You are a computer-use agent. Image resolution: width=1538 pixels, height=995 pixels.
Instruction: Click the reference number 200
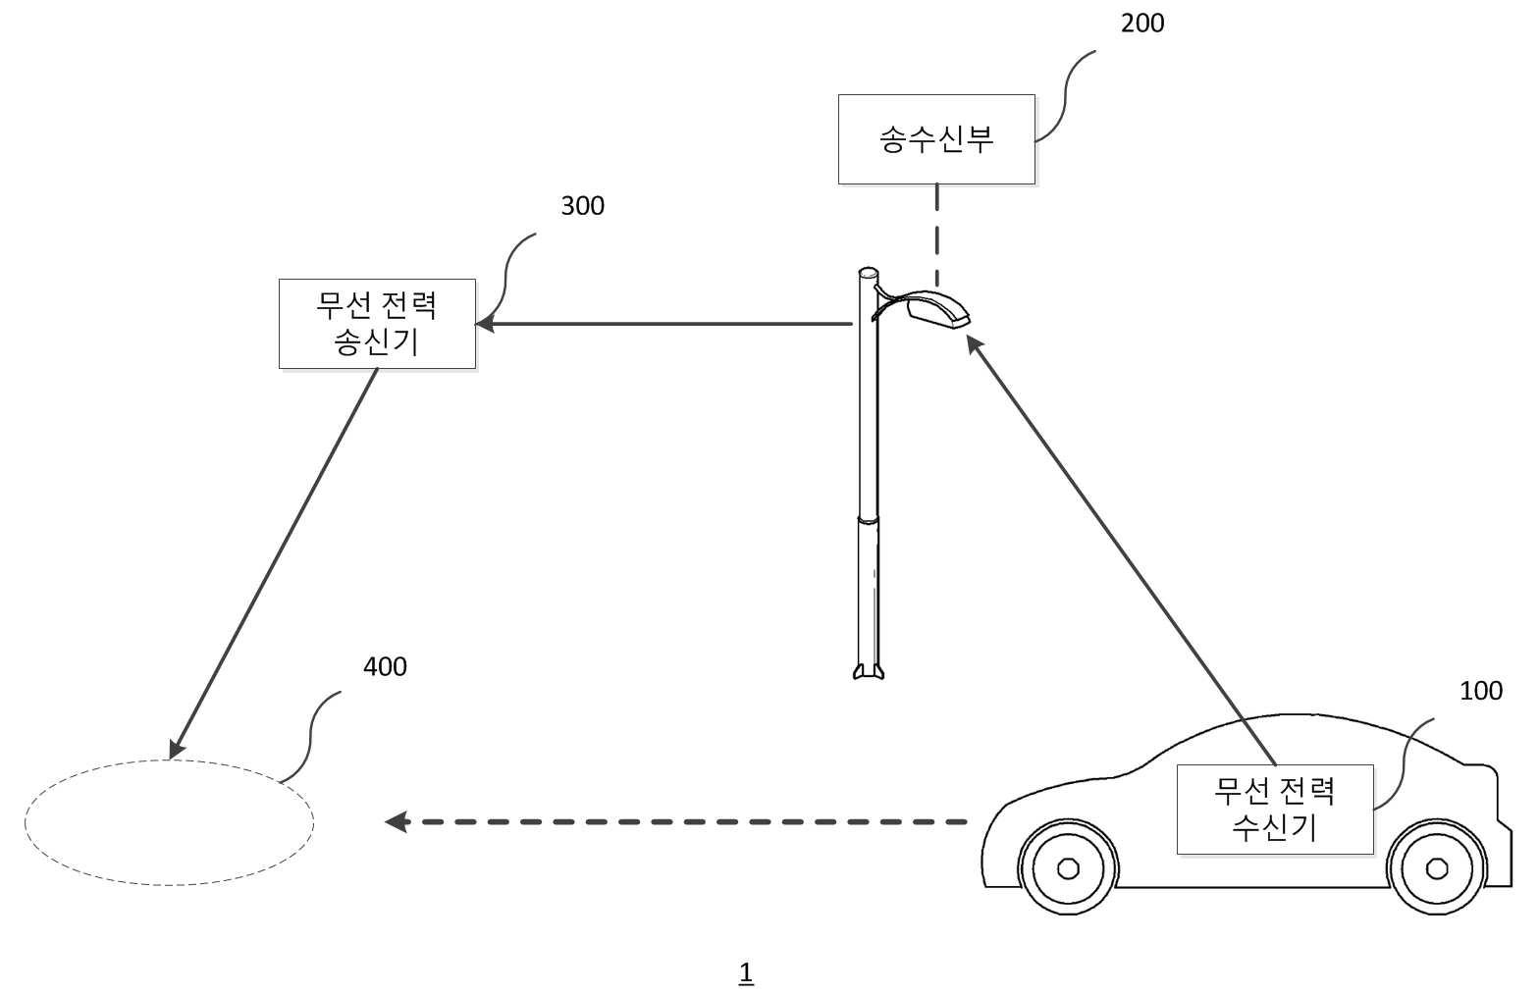tap(1142, 24)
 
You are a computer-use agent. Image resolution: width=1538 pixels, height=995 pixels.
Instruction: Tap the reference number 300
tap(582, 206)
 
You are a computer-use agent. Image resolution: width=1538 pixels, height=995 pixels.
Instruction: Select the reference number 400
tap(385, 666)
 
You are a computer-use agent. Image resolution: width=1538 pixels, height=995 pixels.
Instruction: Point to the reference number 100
tap(1481, 691)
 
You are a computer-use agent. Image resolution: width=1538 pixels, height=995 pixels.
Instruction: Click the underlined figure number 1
tap(746, 973)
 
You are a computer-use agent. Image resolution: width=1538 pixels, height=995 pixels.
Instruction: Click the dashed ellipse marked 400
tap(169, 760)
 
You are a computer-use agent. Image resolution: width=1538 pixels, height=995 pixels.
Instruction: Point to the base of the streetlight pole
tap(869, 671)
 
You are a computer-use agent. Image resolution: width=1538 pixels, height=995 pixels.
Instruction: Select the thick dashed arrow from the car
tap(676, 821)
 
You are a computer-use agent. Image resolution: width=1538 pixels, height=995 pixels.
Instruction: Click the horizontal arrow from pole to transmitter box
tap(663, 324)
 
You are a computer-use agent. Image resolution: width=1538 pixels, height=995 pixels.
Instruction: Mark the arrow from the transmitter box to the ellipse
tap(273, 564)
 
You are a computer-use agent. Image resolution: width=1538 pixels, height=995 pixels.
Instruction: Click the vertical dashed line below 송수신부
tap(937, 236)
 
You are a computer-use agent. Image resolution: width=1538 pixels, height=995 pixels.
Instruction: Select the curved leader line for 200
tap(1065, 96)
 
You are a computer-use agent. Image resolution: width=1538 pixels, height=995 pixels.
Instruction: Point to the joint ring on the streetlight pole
tap(869, 520)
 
